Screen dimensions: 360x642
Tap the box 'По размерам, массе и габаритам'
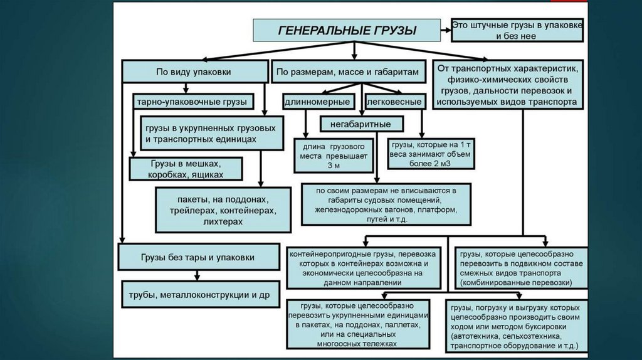coord(347,72)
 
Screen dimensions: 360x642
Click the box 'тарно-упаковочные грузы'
coord(192,101)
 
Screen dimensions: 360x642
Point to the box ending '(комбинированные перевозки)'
coord(520,268)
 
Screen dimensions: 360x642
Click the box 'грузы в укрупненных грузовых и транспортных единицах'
coord(212,132)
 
